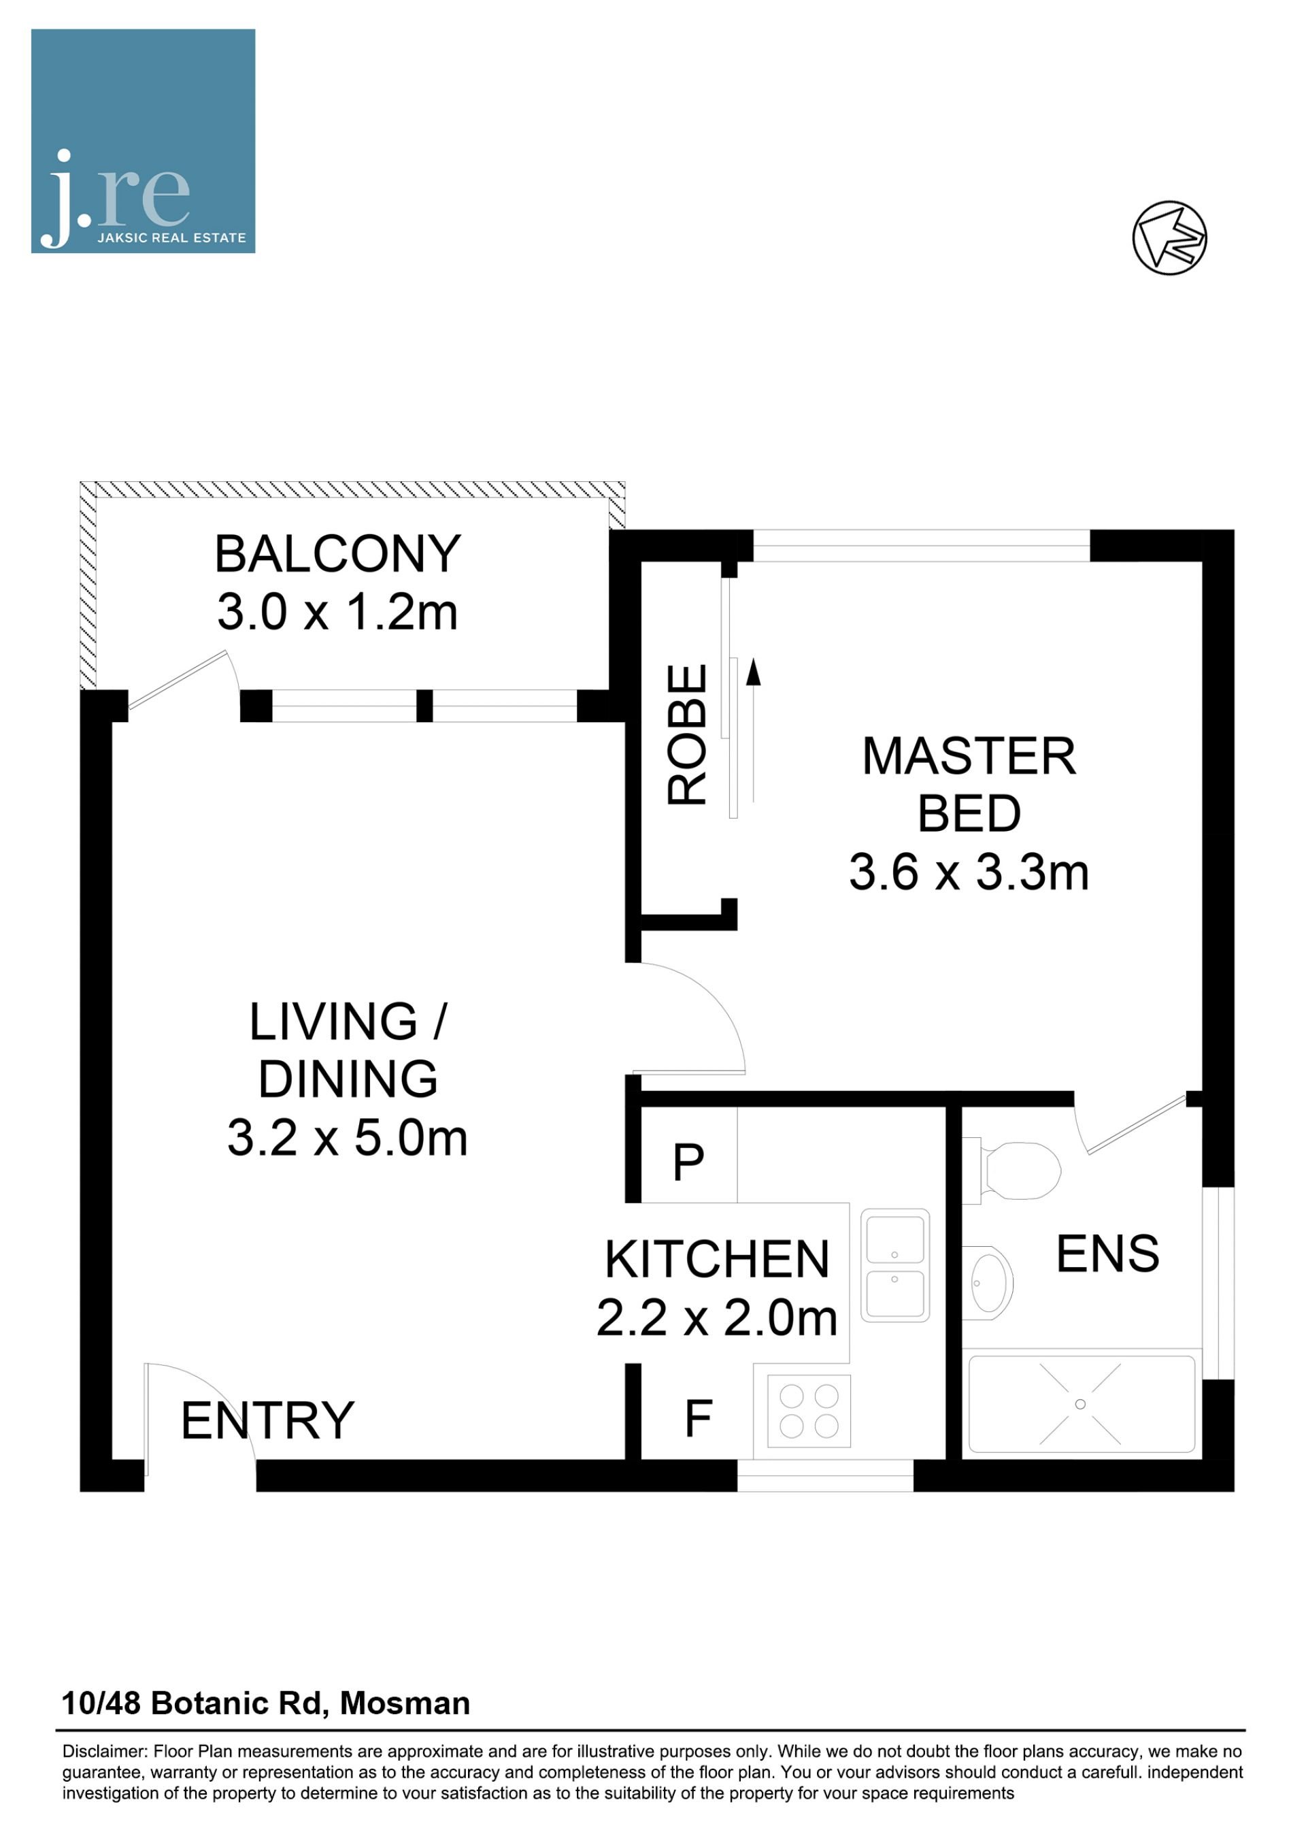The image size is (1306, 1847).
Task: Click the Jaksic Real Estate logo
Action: coord(143,142)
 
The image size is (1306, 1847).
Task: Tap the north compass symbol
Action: coord(1169,238)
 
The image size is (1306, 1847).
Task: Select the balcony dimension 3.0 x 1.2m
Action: coord(338,612)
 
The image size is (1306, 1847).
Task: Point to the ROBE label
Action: coord(688,734)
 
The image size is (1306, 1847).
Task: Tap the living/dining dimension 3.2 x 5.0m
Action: coord(348,1139)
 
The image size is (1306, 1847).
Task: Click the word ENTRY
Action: coord(268,1421)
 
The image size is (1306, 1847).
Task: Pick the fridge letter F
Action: coord(698,1418)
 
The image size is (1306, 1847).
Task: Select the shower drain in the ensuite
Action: coord(1080,1404)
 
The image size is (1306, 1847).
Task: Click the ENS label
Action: coord(1107,1254)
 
